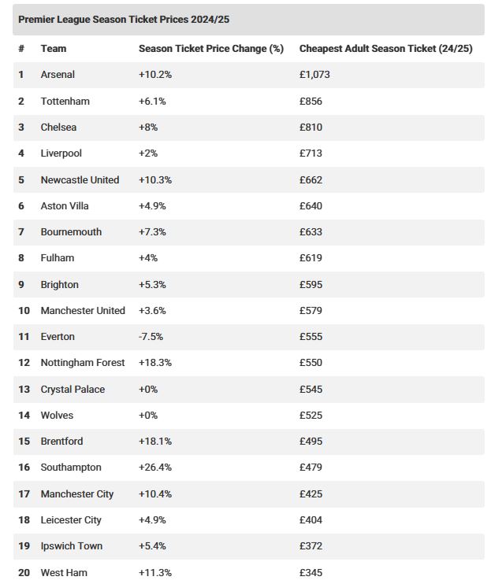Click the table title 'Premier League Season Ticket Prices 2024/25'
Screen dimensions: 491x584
pyautogui.click(x=124, y=20)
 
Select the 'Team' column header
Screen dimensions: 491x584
pyautogui.click(x=54, y=49)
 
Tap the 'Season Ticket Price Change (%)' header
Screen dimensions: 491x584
pyautogui.click(x=211, y=49)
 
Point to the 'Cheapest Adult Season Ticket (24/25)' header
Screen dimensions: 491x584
pyautogui.click(x=386, y=49)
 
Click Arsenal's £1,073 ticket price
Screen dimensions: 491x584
pyautogui.click(x=314, y=75)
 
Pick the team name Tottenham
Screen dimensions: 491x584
pyautogui.click(x=65, y=102)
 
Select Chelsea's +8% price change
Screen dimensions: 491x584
pyautogui.click(x=148, y=128)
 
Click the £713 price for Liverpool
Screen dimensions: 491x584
pyautogui.click(x=311, y=153)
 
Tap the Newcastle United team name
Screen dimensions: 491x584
pyautogui.click(x=80, y=180)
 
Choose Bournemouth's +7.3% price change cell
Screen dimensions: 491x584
pyautogui.click(x=152, y=232)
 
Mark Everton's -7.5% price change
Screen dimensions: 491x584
pyautogui.click(x=151, y=337)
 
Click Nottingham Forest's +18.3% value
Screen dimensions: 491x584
pyautogui.click(x=155, y=363)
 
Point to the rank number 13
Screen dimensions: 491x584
pyautogui.click(x=24, y=390)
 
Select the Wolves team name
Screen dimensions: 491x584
pyautogui.click(x=57, y=416)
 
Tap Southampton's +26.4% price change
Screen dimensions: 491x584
pyautogui.click(x=155, y=468)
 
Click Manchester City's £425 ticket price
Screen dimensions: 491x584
pyautogui.click(x=311, y=494)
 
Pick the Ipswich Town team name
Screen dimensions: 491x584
pyautogui.click(x=72, y=546)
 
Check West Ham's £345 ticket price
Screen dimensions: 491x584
pyautogui.click(x=311, y=572)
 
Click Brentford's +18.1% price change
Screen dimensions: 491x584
pyautogui.click(x=155, y=442)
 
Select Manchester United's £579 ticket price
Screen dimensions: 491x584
pyautogui.click(x=311, y=311)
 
